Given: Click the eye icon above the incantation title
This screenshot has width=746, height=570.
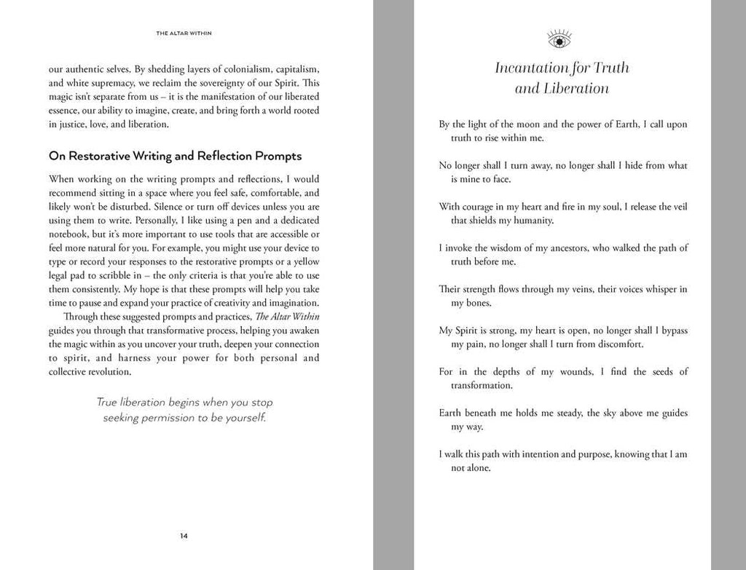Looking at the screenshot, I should click(559, 39).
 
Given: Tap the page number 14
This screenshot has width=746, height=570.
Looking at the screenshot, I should click(184, 537).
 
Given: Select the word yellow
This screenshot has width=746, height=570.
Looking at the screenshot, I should click(305, 261).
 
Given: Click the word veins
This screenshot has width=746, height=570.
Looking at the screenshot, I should click(575, 289).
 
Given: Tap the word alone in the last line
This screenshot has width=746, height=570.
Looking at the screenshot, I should click(479, 468).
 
